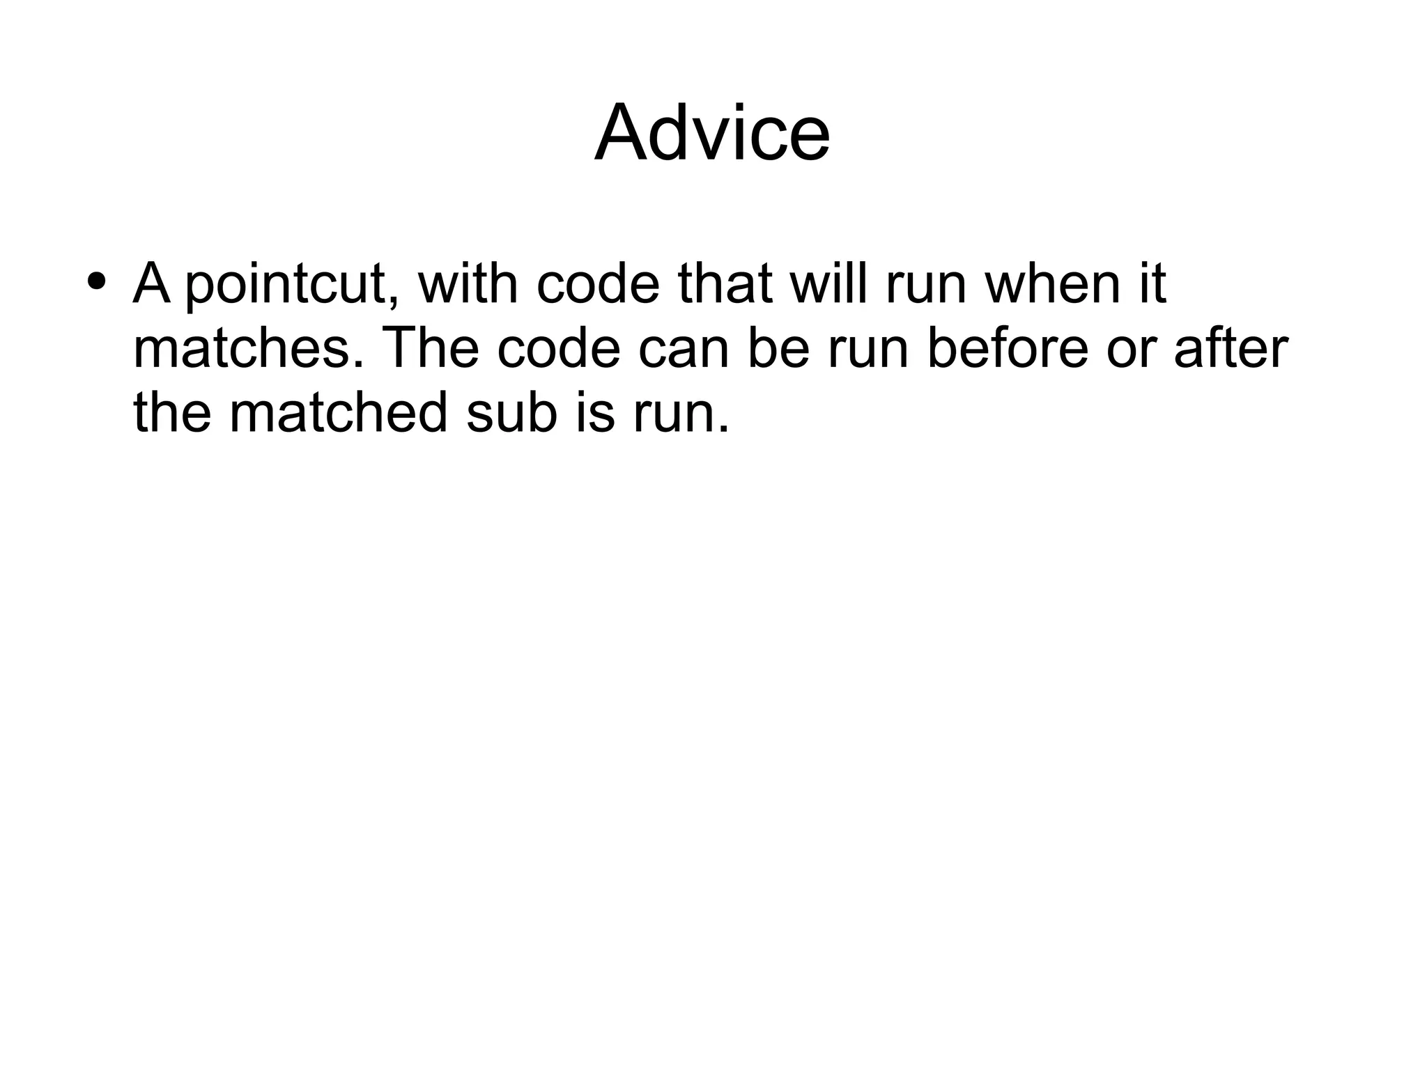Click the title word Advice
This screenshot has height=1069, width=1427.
click(x=711, y=132)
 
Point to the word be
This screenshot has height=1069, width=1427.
click(x=778, y=348)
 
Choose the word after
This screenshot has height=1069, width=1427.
click(x=1231, y=348)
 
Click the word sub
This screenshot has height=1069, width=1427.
click(x=512, y=412)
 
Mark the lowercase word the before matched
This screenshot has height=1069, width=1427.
click(x=172, y=412)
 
